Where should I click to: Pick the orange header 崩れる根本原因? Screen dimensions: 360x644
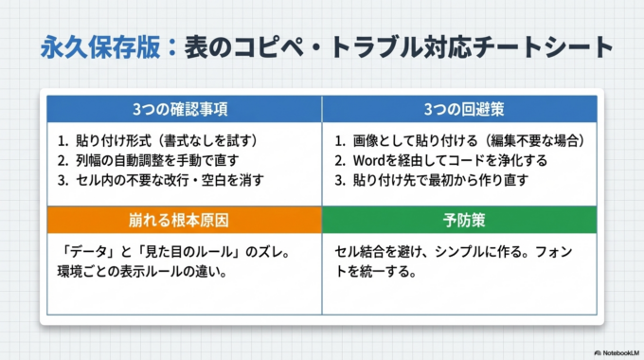[x=180, y=220]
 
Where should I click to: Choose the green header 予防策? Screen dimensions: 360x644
[x=459, y=220]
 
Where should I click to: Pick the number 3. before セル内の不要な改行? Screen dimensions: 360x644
[x=63, y=179]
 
